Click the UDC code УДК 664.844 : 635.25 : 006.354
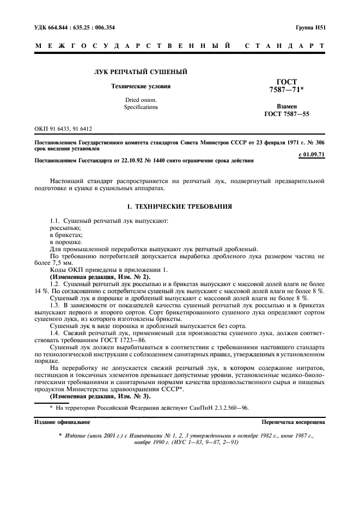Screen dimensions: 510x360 tap(75, 27)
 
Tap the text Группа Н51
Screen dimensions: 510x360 tap(310, 27)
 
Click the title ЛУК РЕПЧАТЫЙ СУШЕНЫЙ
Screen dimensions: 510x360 tap(141, 72)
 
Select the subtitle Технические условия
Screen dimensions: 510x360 tap(141, 86)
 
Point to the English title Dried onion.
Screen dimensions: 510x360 tap(141, 100)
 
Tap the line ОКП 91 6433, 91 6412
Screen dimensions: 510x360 tap(63, 129)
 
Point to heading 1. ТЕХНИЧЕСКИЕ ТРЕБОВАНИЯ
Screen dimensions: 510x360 tap(180, 207)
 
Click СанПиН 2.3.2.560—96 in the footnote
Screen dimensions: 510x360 tap(222, 407)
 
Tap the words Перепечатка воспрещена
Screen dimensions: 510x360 tap(293, 422)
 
